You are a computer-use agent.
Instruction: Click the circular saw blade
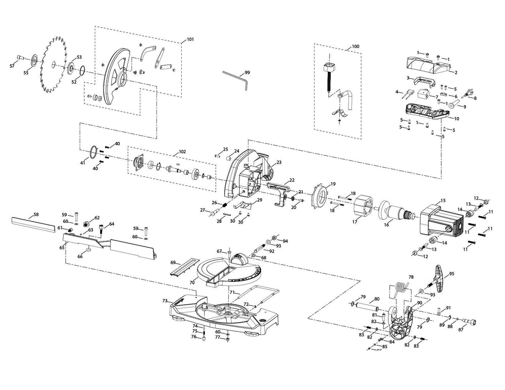53,63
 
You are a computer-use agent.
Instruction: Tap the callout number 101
190,39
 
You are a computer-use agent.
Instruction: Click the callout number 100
356,46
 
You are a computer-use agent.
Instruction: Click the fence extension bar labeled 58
31,223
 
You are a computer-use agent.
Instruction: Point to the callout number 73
165,301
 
